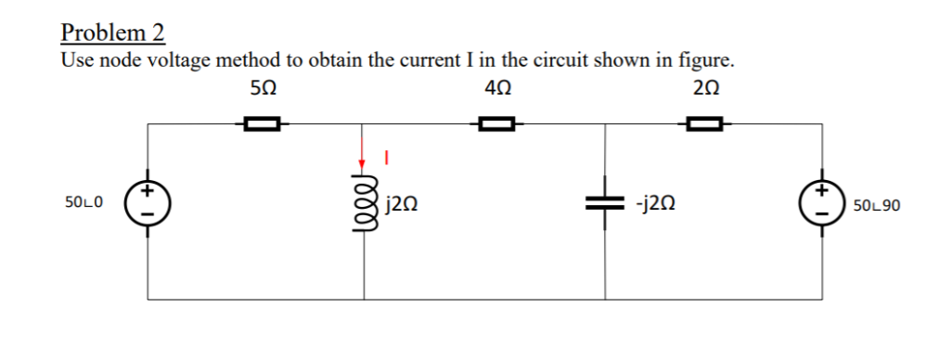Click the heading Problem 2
pos(112,33)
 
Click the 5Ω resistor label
pos(263,91)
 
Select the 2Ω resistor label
pos(706,91)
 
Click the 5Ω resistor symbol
pos(262,122)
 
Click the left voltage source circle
pos(148,201)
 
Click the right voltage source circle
pos(822,201)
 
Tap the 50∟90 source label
pos(877,202)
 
